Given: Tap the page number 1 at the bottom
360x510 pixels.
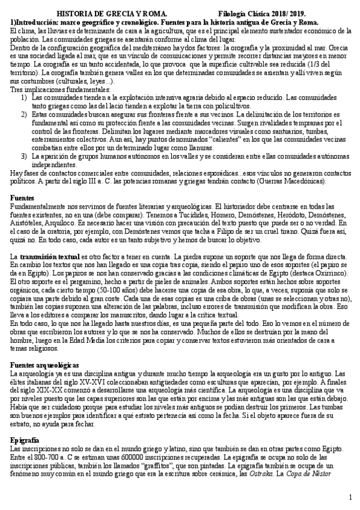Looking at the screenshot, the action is coord(350,497).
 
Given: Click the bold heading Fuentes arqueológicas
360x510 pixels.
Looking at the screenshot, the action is coord(45,365).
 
